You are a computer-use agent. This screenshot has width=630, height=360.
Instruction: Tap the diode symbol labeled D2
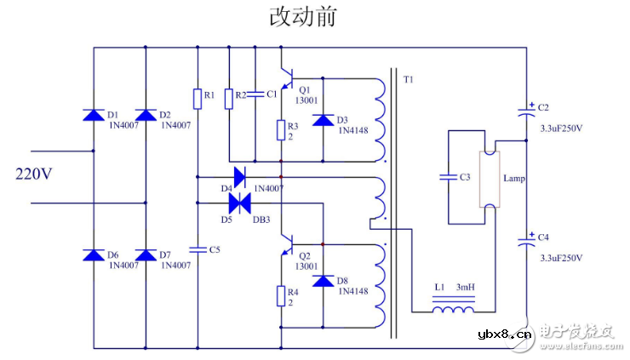pyautogui.click(x=146, y=115)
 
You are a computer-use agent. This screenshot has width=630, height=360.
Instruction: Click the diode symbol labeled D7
pyautogui.click(x=146, y=255)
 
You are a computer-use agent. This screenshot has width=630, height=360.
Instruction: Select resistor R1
pyautogui.click(x=198, y=100)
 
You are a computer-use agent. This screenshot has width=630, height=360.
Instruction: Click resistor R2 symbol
pyautogui.click(x=228, y=100)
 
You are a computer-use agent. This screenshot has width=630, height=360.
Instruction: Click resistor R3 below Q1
pyautogui.click(x=280, y=130)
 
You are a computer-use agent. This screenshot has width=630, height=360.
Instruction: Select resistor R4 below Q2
pyautogui.click(x=280, y=296)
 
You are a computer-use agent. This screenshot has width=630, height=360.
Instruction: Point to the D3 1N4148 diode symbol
pyautogui.click(x=322, y=120)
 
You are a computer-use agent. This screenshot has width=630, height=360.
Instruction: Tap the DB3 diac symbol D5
pyautogui.click(x=240, y=203)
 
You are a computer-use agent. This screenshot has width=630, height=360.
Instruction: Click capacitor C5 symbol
pyautogui.click(x=198, y=249)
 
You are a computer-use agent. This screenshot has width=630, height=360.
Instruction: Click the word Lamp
pyautogui.click(x=515, y=180)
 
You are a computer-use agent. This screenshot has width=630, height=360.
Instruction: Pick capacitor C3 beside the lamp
pyautogui.click(x=448, y=178)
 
